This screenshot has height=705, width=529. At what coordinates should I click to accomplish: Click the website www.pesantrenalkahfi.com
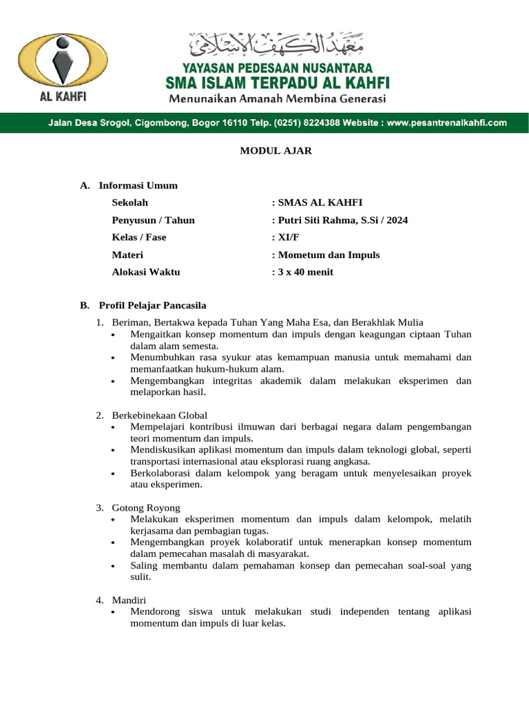pyautogui.click(x=446, y=123)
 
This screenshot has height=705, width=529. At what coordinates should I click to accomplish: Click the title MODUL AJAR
pyautogui.click(x=276, y=151)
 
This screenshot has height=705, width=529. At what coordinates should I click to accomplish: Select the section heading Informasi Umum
pyautogui.click(x=138, y=185)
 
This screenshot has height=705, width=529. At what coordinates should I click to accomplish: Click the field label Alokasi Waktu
pyautogui.click(x=146, y=272)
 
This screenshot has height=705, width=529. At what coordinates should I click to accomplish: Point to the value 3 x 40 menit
pyautogui.click(x=305, y=272)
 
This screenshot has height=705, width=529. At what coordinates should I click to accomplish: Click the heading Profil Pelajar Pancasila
pyautogui.click(x=152, y=305)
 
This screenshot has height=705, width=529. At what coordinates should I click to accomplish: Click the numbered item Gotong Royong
pyautogui.click(x=141, y=507)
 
